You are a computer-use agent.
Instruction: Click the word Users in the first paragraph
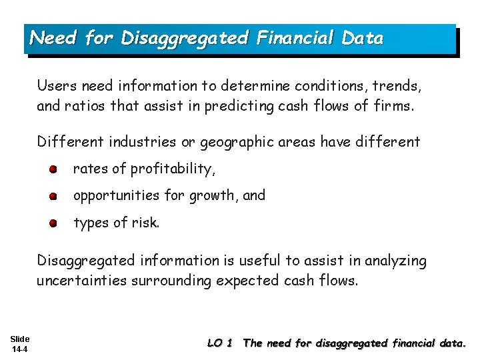(x=54, y=86)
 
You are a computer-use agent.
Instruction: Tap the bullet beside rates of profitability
(x=53, y=169)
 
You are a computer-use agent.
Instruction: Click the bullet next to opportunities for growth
(x=53, y=196)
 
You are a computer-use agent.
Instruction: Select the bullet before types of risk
(x=53, y=223)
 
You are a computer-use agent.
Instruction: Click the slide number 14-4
(x=20, y=349)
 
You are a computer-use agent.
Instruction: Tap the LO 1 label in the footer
(x=220, y=343)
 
